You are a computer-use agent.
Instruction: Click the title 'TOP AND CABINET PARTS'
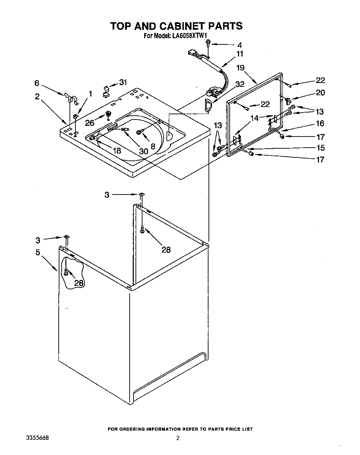pos(176,26)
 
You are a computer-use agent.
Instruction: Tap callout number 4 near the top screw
pos(239,45)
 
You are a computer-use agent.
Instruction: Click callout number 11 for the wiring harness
pos(240,54)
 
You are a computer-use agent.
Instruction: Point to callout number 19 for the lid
pos(240,68)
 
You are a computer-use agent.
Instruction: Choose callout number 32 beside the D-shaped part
pos(240,84)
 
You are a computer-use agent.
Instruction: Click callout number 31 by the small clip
pos(123,82)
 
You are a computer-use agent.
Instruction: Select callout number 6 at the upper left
pos(37,83)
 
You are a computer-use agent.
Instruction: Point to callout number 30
pos(143,151)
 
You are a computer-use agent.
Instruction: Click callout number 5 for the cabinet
pos(38,252)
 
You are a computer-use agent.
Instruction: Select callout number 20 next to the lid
pos(320,92)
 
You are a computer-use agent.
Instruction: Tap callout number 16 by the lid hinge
pos(320,123)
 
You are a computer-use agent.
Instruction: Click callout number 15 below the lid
pos(320,148)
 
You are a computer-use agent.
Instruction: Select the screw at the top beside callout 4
pos(207,43)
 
